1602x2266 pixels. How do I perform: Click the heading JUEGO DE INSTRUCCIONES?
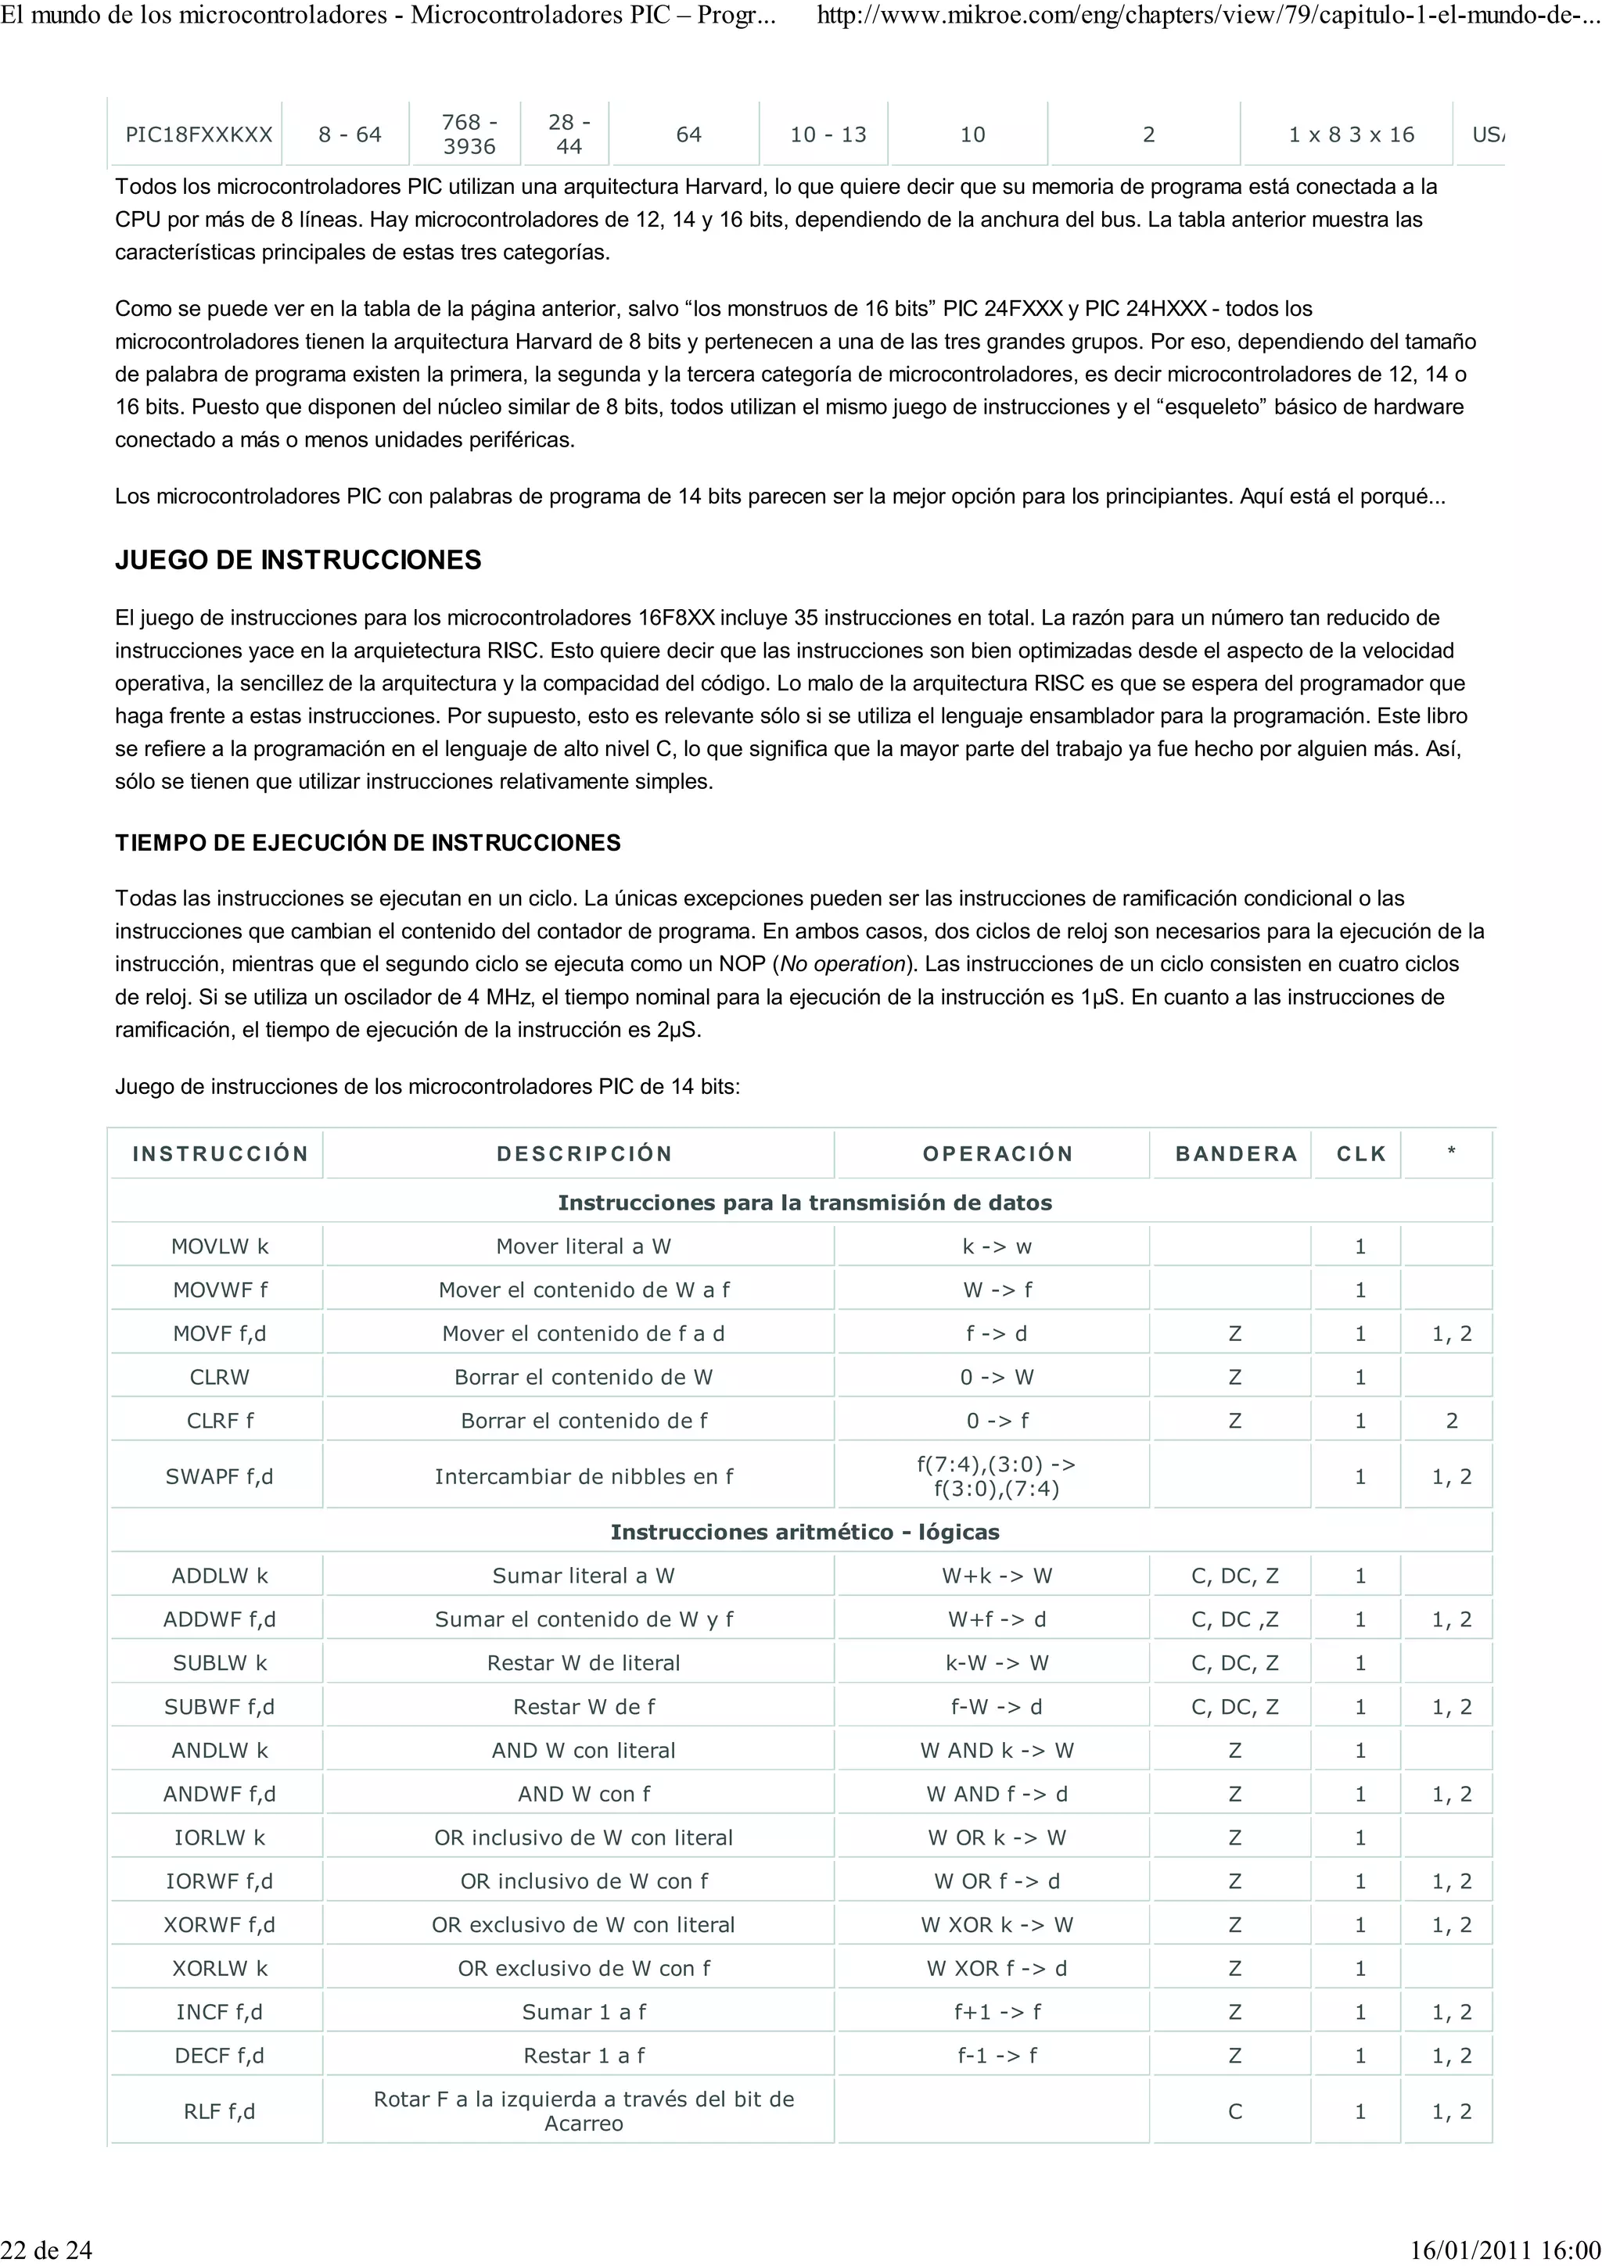click(x=298, y=560)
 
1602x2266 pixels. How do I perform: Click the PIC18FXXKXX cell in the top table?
click(x=199, y=134)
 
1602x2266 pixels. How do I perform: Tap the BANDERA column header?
click(x=1236, y=1154)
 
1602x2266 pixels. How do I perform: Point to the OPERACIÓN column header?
click(x=997, y=1154)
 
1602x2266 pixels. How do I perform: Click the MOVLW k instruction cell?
click(x=219, y=1246)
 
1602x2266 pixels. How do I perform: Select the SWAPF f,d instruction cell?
click(x=219, y=1476)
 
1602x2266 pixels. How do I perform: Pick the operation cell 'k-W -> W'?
click(x=997, y=1663)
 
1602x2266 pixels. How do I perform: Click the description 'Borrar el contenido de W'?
click(x=584, y=1377)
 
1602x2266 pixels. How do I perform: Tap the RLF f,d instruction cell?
click(x=219, y=2111)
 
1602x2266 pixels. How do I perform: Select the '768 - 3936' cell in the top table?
click(x=469, y=134)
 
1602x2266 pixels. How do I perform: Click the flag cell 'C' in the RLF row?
click(x=1235, y=2111)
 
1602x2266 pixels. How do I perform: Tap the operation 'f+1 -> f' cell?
click(x=997, y=2011)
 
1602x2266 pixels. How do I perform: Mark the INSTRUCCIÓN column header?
click(x=220, y=1154)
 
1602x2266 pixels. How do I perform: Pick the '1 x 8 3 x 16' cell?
click(x=1350, y=134)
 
